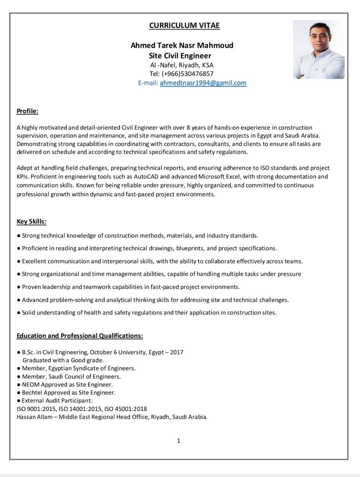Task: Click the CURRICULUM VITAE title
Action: tap(184, 25)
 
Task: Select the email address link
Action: tap(203, 83)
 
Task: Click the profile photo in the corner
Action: tap(318, 49)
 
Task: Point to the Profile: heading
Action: tap(28, 111)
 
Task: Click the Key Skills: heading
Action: tap(31, 221)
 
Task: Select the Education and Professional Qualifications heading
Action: tap(80, 336)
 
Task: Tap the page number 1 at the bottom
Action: tap(179, 441)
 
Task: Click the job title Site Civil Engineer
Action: tap(180, 56)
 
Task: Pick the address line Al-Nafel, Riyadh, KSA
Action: tap(182, 65)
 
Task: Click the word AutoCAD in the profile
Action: tap(146, 177)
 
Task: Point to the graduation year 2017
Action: tap(177, 352)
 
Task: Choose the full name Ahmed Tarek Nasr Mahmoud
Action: tap(182, 45)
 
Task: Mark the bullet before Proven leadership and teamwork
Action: tap(19, 287)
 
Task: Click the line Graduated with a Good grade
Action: tap(63, 360)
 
